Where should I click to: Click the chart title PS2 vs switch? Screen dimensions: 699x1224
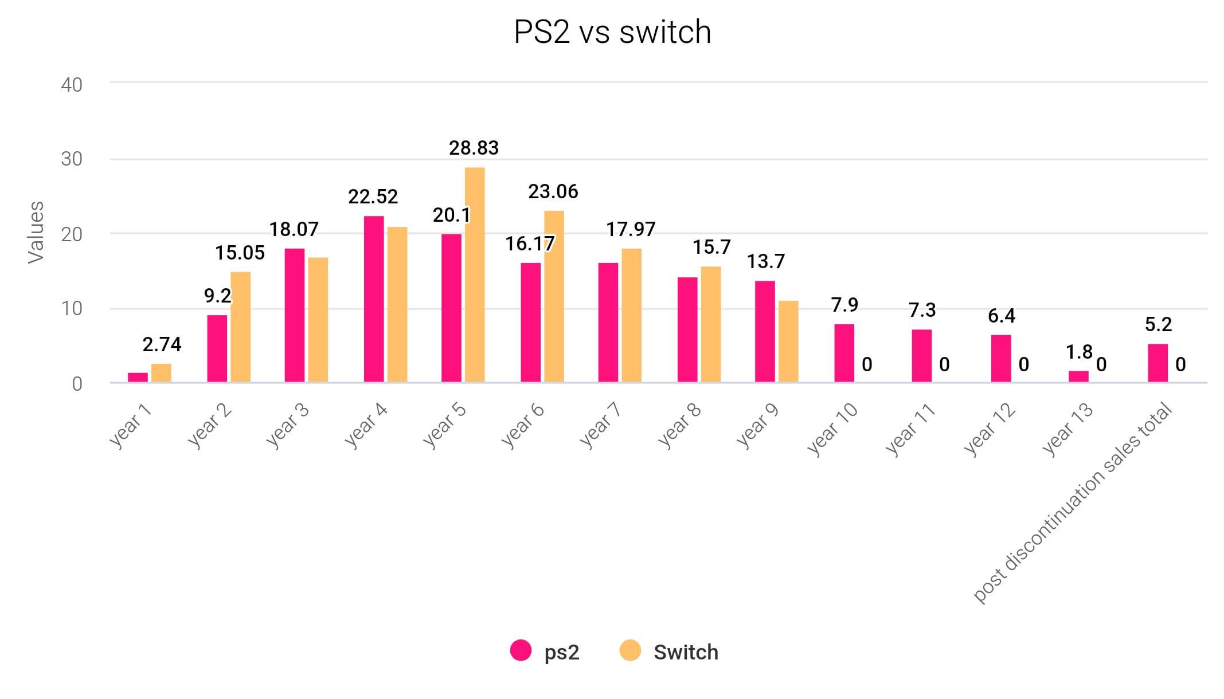pos(612,32)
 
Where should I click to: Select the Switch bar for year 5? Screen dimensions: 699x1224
pos(475,275)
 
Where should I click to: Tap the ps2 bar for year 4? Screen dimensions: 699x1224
pos(374,299)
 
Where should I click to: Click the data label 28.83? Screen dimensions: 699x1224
pos(474,148)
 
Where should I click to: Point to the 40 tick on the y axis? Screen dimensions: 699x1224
pos(72,85)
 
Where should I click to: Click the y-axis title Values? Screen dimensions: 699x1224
pos(36,232)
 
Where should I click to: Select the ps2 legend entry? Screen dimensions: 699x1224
pos(545,651)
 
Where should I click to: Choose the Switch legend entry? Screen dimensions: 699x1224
pos(669,651)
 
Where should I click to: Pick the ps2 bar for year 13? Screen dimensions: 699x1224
pos(1078,376)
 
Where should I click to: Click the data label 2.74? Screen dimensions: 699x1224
pos(162,345)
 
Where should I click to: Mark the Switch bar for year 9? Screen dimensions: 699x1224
pos(788,341)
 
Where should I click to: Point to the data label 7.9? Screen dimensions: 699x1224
pos(844,305)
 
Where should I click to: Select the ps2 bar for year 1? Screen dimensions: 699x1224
pos(138,378)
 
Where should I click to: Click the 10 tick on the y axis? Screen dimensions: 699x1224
pos(72,309)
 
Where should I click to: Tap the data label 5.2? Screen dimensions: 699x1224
pos(1158,325)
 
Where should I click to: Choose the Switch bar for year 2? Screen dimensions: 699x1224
pos(241,327)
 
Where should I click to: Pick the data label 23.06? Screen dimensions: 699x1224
pos(553,192)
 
